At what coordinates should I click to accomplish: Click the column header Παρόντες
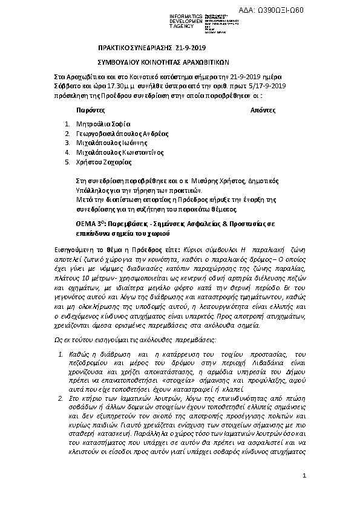click(91, 111)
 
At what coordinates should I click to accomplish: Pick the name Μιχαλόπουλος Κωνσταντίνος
click(120, 152)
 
